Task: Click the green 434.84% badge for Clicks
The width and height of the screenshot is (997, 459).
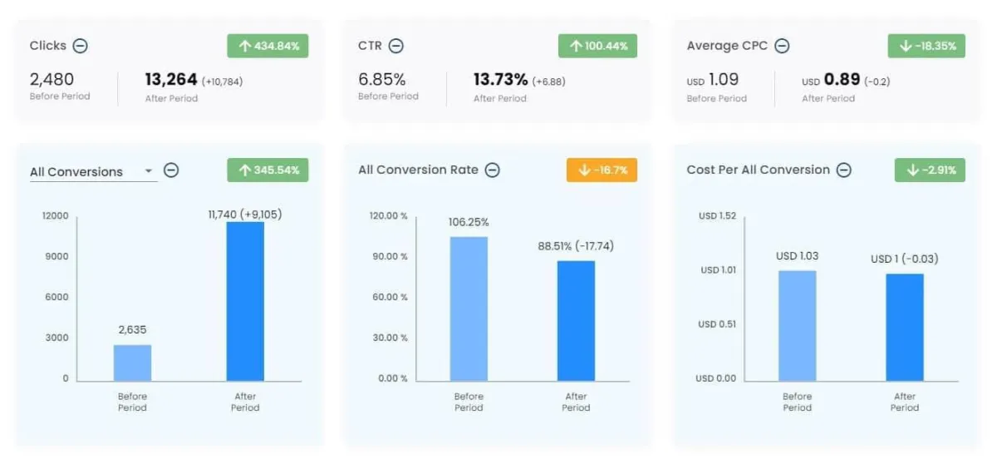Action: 268,46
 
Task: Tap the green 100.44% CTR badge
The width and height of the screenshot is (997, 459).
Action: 597,46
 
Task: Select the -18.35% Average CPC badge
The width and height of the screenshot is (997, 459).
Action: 926,46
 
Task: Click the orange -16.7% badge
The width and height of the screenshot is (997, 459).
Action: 601,170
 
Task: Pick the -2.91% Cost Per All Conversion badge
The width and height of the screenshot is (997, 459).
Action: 929,170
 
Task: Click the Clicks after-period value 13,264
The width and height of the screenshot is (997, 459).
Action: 171,80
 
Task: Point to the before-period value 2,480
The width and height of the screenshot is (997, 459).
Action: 52,80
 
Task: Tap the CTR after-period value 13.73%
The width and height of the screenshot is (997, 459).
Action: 500,80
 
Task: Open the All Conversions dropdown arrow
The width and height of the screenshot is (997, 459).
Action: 149,171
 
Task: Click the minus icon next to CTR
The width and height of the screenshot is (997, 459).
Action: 396,46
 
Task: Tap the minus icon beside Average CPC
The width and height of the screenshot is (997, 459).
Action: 782,46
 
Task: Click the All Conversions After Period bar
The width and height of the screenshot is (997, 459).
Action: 245,301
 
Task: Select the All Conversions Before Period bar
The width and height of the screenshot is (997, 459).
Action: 132,363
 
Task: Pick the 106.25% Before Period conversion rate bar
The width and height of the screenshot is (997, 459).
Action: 469,308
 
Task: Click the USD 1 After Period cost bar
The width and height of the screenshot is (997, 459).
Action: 905,327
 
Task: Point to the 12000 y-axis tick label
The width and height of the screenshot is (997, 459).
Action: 55,216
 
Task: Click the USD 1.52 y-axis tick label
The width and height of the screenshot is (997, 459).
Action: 717,216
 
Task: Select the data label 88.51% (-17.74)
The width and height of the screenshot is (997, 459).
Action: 576,246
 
